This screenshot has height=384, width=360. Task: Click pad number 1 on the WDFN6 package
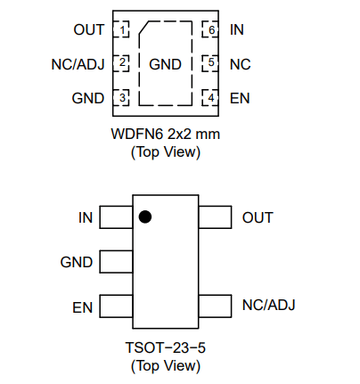[121, 29]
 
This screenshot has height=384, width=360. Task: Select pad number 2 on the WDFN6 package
[121, 63]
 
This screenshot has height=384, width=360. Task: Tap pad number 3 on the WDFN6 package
[121, 97]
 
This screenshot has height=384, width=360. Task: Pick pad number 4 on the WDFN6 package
[210, 97]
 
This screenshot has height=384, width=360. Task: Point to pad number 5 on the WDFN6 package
[210, 63]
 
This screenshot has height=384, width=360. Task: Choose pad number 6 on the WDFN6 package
[210, 29]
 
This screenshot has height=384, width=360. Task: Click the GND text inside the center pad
[165, 64]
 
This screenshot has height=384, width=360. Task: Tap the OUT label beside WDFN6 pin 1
[89, 29]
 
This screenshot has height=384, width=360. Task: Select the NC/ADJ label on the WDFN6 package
[78, 64]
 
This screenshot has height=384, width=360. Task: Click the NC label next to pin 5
[241, 64]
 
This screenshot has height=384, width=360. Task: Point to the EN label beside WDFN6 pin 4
[240, 98]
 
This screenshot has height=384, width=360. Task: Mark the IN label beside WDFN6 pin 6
[237, 29]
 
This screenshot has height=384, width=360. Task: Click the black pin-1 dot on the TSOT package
[145, 217]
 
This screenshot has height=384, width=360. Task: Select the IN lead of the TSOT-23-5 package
[116, 217]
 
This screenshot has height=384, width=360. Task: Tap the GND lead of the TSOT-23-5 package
[116, 262]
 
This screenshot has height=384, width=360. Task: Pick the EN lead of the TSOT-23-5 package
[116, 306]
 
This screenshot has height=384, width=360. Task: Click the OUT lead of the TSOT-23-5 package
[215, 217]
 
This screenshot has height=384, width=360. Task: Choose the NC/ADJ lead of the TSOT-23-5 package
[215, 306]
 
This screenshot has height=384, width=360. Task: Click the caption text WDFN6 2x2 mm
[166, 134]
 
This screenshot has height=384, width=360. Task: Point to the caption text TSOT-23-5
[166, 347]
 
